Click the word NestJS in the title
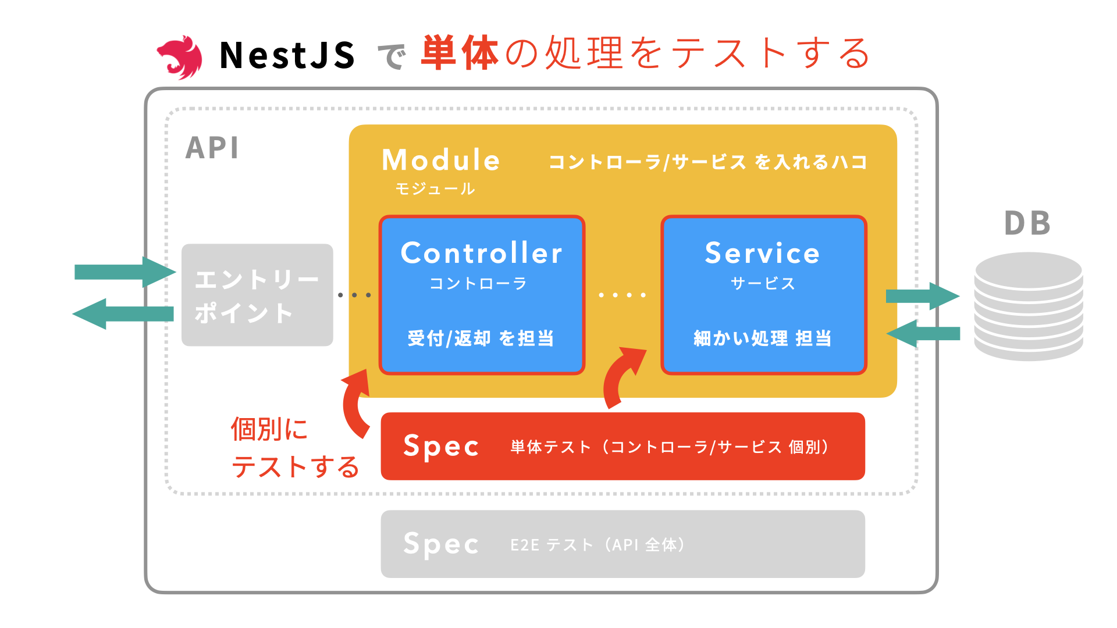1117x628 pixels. click(x=287, y=56)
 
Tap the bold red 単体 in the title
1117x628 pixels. click(x=460, y=53)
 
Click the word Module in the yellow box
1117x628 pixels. click(x=441, y=160)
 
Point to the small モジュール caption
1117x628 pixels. click(x=435, y=188)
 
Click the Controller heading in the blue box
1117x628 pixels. click(x=482, y=253)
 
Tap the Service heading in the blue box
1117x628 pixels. click(x=763, y=253)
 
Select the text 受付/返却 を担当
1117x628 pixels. click(x=481, y=338)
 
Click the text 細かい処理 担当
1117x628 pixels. click(x=763, y=338)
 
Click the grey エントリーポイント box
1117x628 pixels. click(x=257, y=295)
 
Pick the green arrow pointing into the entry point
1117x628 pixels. click(x=124, y=272)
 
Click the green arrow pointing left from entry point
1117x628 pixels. click(x=123, y=314)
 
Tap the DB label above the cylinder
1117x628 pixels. click(x=1027, y=223)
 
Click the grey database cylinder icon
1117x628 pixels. click(x=1029, y=306)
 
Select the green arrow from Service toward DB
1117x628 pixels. click(x=922, y=296)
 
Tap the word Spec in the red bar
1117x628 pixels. click(x=441, y=447)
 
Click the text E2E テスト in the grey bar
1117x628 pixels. click(x=551, y=545)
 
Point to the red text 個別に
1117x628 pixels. click(x=269, y=429)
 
